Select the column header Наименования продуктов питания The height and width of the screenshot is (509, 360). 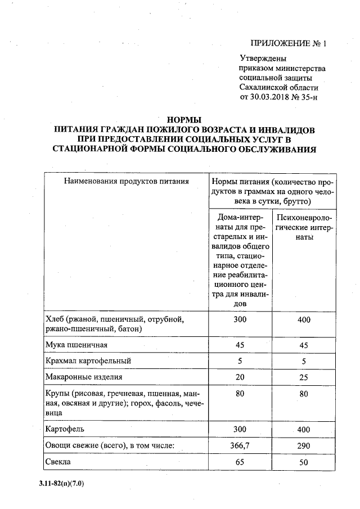click(x=126, y=181)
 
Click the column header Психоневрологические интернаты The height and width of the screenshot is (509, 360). click(x=304, y=227)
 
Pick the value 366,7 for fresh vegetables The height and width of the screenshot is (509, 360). click(x=240, y=446)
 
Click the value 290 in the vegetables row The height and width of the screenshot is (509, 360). click(x=304, y=446)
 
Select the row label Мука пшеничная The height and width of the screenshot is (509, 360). click(x=76, y=344)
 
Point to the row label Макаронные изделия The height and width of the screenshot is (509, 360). click(x=83, y=377)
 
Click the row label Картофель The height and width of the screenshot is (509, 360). click(x=64, y=429)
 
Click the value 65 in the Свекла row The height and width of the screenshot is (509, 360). click(x=240, y=462)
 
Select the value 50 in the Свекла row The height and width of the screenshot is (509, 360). click(x=304, y=462)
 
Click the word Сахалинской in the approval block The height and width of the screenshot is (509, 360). click(x=266, y=87)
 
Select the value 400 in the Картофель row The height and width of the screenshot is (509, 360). click(x=304, y=429)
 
